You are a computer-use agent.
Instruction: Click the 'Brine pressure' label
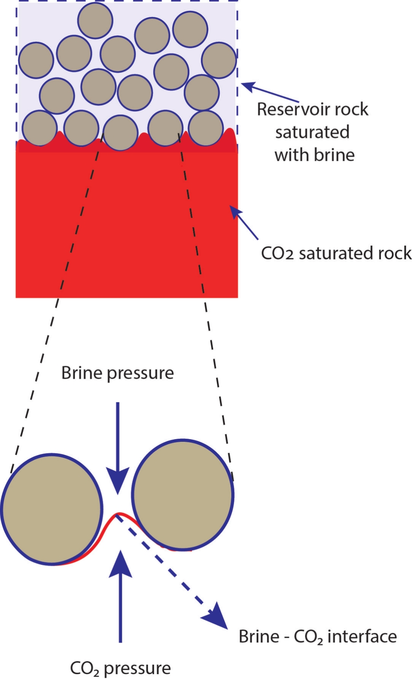point(117,373)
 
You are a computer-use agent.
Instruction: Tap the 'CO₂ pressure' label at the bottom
point(120,668)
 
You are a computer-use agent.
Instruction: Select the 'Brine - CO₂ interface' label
point(317,637)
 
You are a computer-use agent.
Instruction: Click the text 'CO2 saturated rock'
point(336,253)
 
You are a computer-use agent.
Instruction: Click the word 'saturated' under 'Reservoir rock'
point(312,132)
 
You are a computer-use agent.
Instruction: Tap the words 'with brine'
point(314,155)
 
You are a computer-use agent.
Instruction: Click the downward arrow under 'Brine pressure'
point(118,445)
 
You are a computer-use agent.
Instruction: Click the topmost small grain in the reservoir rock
point(95,20)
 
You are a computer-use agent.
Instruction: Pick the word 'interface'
point(362,637)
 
